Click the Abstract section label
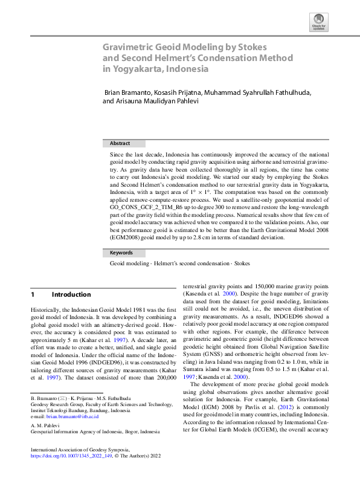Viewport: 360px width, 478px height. (120, 144)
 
